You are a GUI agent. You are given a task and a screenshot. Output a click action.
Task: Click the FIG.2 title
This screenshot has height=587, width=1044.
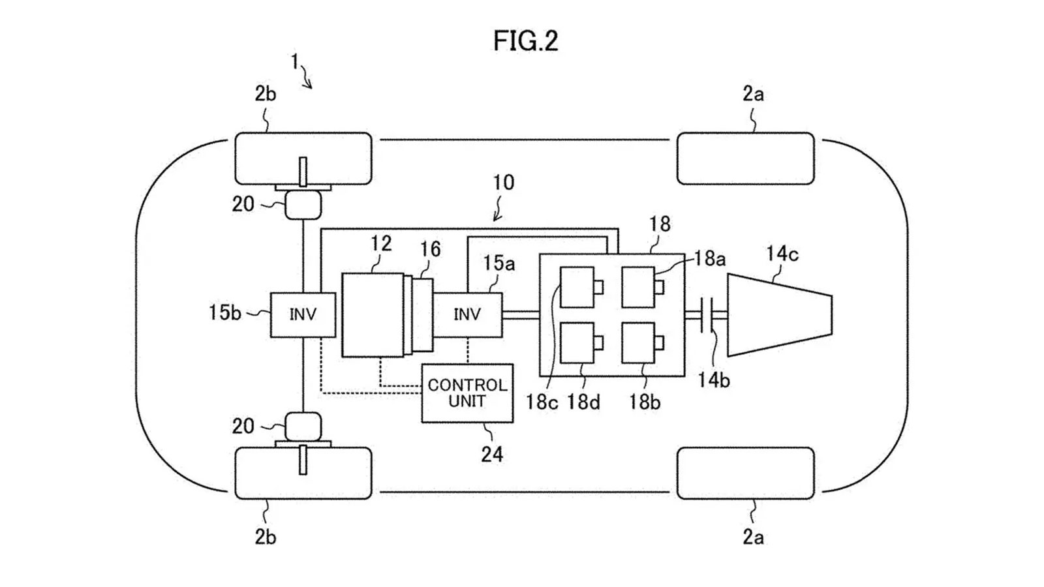coord(525,41)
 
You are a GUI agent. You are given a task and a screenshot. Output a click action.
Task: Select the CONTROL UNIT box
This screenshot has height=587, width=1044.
coord(467,393)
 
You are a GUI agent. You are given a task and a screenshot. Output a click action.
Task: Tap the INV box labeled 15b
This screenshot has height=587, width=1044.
coord(303,314)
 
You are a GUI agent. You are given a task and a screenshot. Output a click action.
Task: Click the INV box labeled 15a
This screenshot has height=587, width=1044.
coord(467,314)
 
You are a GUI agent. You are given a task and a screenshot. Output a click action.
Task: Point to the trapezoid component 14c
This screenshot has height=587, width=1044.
coord(780,315)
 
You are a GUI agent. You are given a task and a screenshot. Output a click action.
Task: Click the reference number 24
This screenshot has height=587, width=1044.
coord(492,454)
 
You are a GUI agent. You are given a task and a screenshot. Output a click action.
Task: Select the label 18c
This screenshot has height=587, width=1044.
coord(542,402)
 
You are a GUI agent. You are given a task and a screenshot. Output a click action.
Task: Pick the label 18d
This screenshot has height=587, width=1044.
coord(583,402)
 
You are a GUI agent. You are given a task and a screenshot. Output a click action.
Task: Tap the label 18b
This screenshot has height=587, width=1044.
coord(645,402)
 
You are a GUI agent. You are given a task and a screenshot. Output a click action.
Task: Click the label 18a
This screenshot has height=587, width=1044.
coord(710,258)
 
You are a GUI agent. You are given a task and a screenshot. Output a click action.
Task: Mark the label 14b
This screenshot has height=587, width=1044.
coord(714,381)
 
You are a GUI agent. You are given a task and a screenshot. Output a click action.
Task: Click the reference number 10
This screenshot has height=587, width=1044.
coord(503,182)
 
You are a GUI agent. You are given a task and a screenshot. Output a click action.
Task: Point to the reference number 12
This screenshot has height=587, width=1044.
coord(381,243)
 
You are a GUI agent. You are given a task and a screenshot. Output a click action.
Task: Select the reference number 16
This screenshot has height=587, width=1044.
coord(430,249)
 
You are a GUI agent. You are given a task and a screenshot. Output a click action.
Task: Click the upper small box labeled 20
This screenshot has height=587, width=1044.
coord(303,205)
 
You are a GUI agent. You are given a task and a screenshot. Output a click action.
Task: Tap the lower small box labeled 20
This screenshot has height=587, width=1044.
coord(303,427)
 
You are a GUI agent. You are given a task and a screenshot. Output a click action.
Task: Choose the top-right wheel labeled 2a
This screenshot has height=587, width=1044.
coord(746,158)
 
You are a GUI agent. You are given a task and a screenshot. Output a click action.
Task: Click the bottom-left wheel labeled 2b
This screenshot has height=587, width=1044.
coord(303,474)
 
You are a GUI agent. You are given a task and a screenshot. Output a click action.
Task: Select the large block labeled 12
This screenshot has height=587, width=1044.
coord(373,315)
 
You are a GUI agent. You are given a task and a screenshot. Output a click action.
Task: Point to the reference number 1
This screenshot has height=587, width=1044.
coord(294,62)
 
